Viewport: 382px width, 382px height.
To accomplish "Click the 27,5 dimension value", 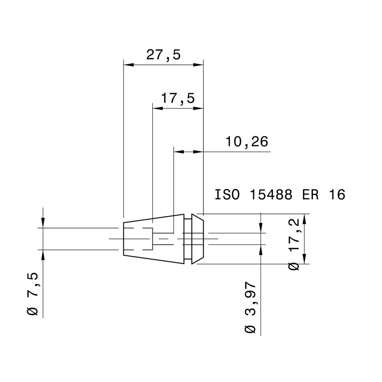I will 163,55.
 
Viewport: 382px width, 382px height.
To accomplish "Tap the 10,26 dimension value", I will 246,142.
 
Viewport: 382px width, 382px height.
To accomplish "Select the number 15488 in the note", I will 271,194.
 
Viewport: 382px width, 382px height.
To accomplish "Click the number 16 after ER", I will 337,194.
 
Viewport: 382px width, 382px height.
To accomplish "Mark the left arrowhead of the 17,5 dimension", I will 157,108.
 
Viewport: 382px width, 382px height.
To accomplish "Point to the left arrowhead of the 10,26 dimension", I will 178,152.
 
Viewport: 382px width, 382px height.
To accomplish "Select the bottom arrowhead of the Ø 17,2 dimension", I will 304,259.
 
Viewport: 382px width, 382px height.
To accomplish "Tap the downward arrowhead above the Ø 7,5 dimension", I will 44,223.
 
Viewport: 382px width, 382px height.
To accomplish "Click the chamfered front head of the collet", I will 197,239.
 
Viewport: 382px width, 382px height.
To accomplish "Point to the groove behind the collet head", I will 187,239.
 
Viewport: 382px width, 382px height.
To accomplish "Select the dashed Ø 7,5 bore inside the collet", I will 138,239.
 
